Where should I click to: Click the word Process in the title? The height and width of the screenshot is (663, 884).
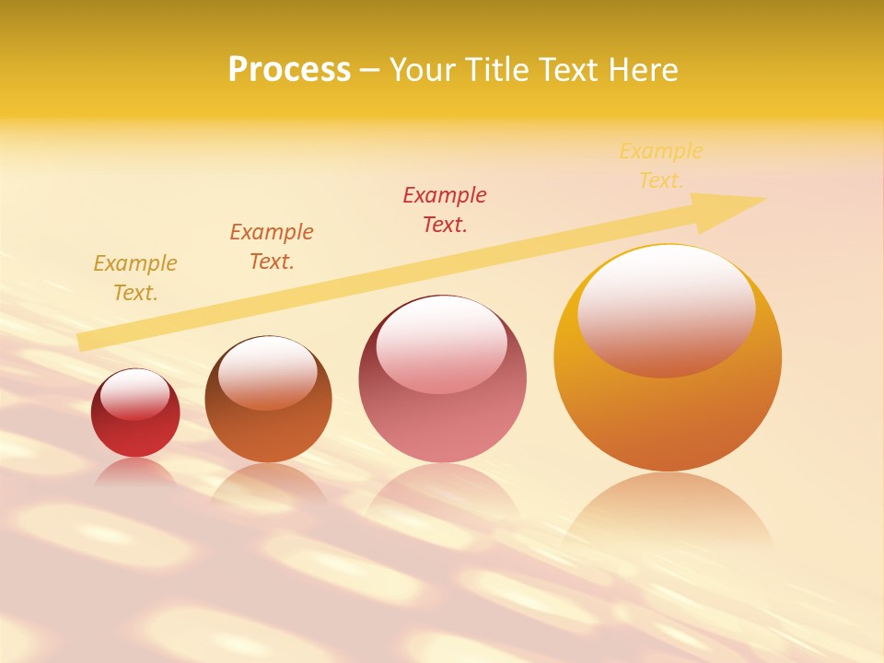coord(289,70)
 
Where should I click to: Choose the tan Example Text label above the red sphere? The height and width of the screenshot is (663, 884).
coord(135,277)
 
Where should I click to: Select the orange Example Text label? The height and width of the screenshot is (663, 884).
coord(272,246)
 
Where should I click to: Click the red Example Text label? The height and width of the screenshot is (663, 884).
coord(445,209)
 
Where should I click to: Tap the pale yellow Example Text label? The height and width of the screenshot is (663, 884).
coord(661,165)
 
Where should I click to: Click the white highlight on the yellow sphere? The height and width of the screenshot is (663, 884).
coord(666,308)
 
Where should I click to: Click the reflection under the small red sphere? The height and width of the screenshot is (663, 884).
coord(135,471)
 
